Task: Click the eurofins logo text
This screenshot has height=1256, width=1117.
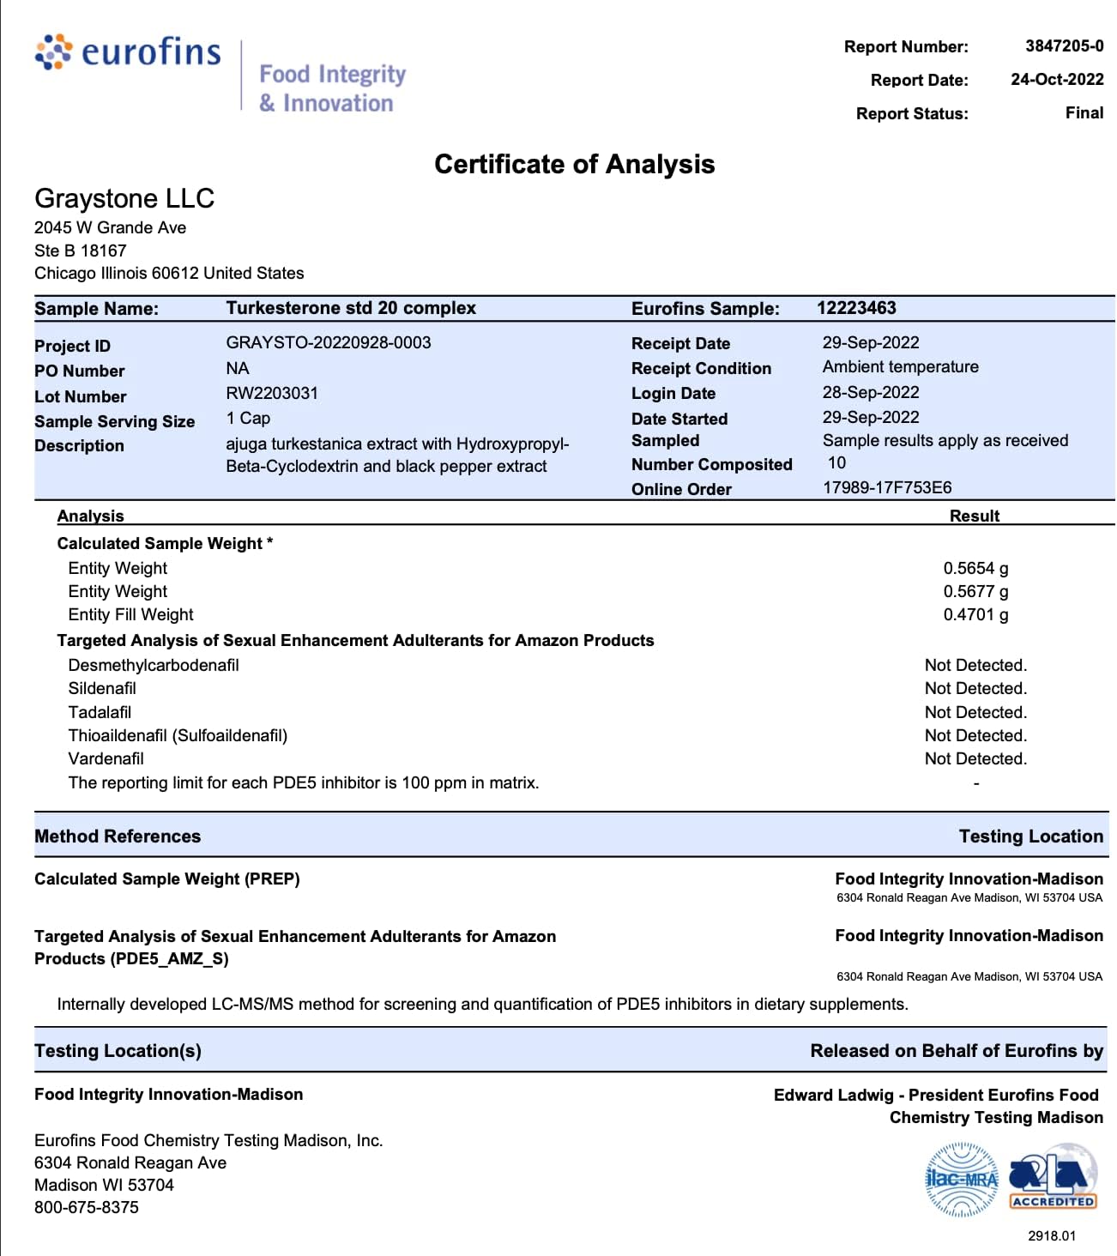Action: (x=150, y=52)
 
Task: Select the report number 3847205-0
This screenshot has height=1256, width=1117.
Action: (x=1064, y=45)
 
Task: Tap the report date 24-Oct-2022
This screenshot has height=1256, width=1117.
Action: (x=1056, y=79)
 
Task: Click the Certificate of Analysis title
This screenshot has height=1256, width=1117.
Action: (x=574, y=164)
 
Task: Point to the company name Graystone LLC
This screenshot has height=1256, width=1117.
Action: (x=124, y=198)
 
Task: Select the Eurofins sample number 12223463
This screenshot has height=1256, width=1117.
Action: (x=856, y=308)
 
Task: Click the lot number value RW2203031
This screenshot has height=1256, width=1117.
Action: (x=272, y=393)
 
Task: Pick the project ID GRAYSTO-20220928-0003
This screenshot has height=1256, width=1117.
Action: (x=329, y=342)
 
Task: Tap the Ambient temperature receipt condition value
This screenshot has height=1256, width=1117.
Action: (x=900, y=367)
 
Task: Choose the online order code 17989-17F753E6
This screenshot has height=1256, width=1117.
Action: (x=887, y=487)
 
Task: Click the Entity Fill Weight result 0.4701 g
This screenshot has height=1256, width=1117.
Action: (x=975, y=614)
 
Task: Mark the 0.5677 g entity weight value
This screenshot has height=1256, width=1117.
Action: (x=975, y=591)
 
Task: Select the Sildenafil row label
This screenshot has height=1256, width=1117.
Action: (x=102, y=688)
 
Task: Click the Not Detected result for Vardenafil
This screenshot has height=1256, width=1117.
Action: (x=975, y=758)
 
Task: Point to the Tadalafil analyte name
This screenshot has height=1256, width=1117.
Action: (x=100, y=712)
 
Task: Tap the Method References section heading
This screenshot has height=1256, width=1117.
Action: (x=118, y=836)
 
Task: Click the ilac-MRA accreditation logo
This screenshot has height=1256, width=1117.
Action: (x=962, y=1180)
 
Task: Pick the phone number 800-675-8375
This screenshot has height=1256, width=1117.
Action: (x=87, y=1207)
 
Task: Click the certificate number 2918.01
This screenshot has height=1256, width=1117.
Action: (x=1051, y=1235)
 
